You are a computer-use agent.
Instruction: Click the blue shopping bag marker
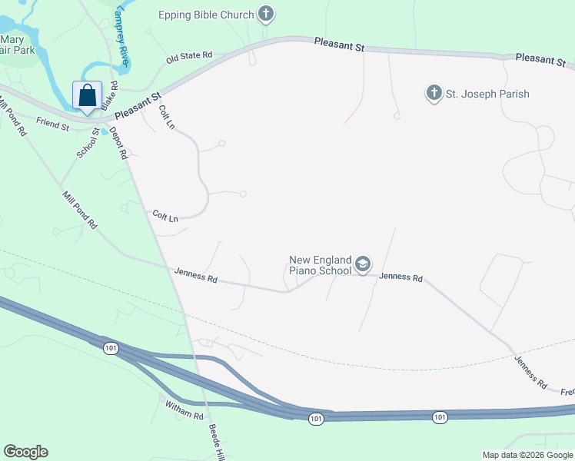click(88, 96)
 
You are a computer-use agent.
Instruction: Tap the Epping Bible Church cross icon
click(266, 14)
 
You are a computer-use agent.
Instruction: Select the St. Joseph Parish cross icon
click(434, 94)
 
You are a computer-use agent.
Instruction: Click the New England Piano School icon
click(362, 265)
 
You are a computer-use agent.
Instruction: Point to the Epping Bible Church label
click(206, 15)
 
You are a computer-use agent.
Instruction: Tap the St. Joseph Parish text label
click(488, 95)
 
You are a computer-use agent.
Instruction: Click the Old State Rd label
click(189, 58)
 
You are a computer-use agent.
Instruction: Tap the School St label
click(88, 142)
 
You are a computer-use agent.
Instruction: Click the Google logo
click(25, 452)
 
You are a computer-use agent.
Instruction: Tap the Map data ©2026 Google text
click(528, 455)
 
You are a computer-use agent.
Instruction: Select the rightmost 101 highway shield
click(439, 417)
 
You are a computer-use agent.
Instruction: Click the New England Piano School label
click(320, 265)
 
